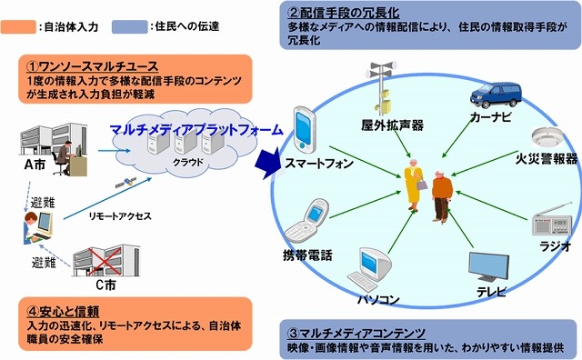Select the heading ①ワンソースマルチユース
pos(82,66)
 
